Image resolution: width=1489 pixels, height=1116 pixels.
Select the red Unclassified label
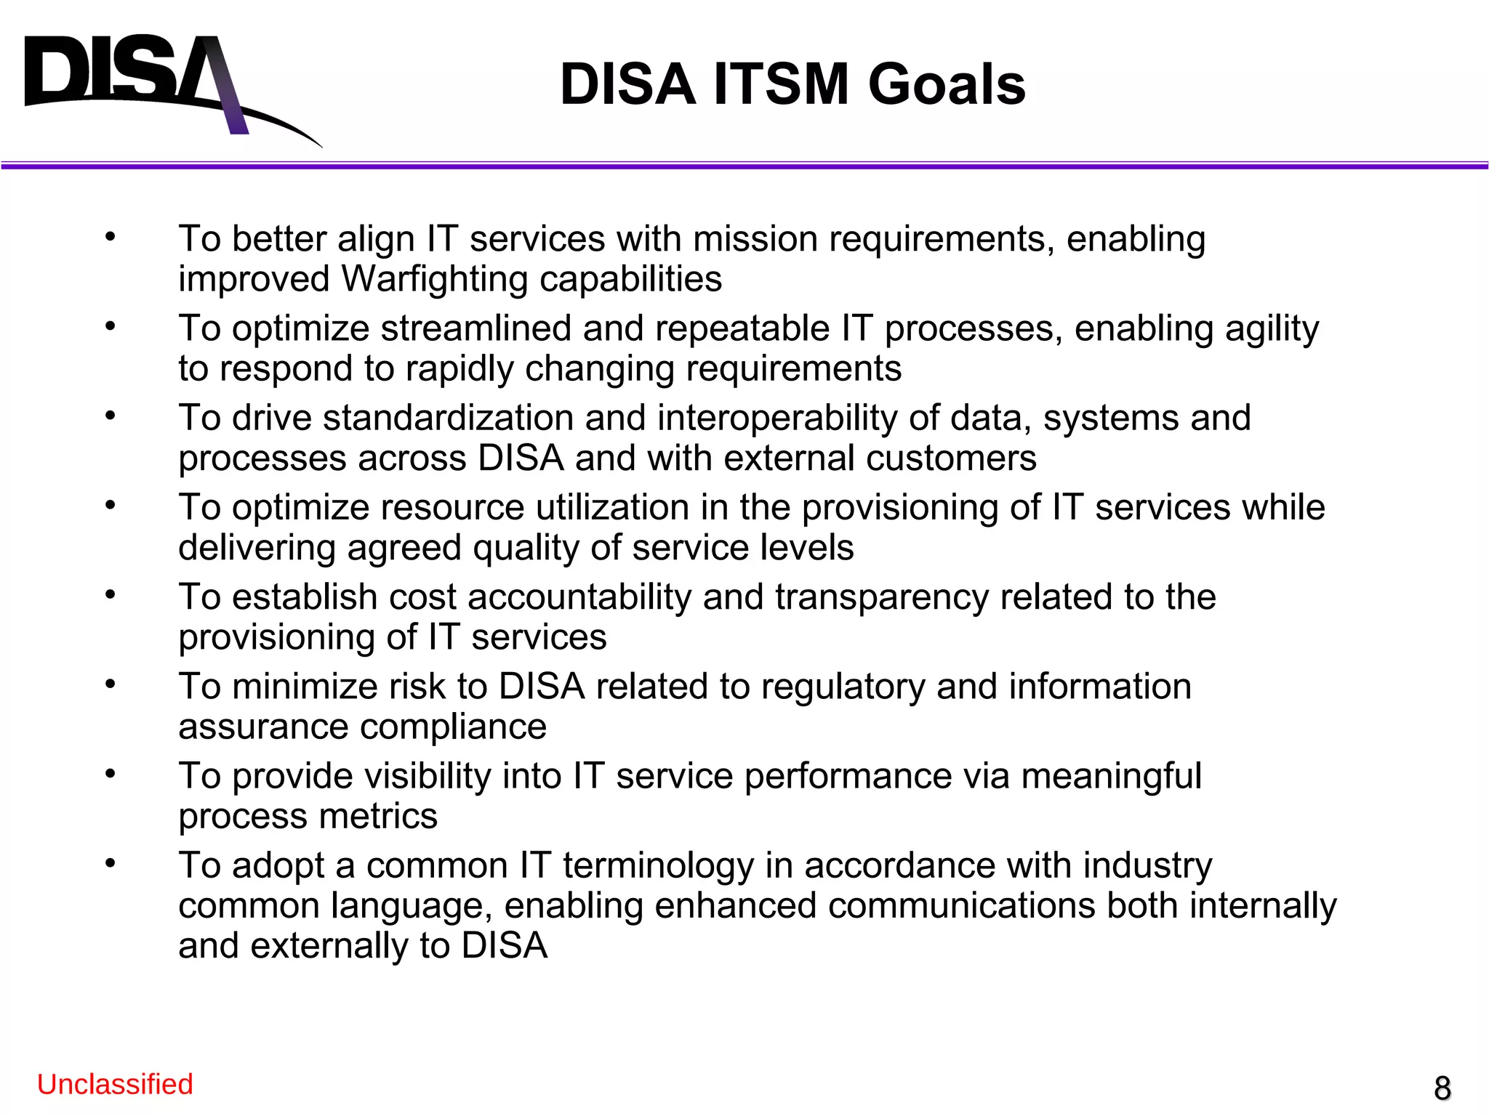(115, 1084)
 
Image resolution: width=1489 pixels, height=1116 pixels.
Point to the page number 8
(1442, 1088)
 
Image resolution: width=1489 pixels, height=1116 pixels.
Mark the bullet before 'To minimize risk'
(111, 684)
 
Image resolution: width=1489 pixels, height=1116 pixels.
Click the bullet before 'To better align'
(111, 236)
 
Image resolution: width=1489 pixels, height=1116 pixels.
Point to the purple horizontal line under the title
(744, 166)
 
